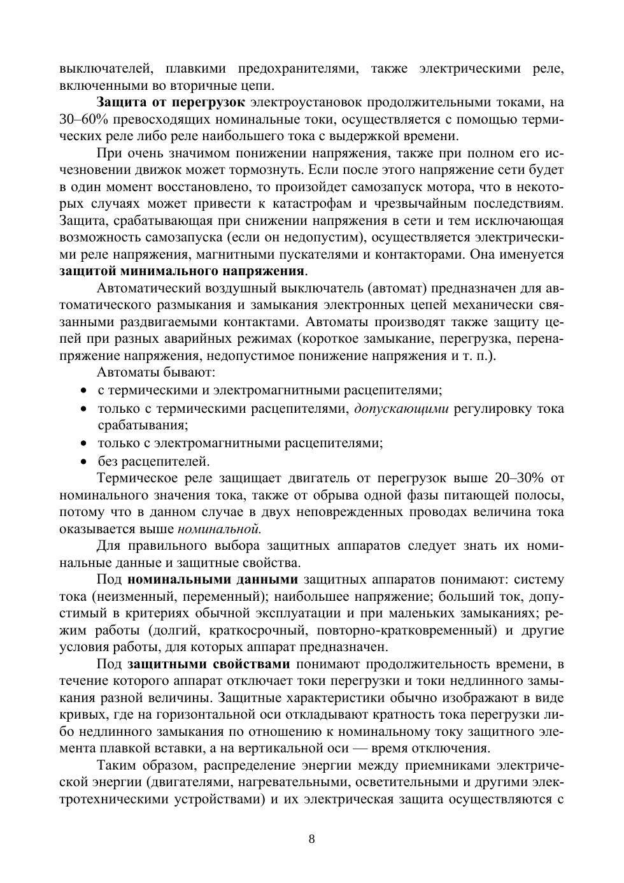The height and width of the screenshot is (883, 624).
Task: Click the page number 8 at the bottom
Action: click(311, 838)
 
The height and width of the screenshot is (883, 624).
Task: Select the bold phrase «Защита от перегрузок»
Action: click(170, 102)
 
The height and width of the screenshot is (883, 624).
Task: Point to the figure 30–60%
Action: click(83, 119)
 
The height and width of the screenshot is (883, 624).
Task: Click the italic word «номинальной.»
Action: click(219, 528)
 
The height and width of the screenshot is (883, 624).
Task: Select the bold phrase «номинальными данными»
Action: click(213, 579)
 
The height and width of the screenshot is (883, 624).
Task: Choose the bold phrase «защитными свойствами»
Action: click(208, 664)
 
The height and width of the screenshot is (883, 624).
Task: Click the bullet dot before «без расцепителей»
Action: click(83, 461)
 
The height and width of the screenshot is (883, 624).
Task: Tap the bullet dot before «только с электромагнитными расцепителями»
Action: click(83, 443)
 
